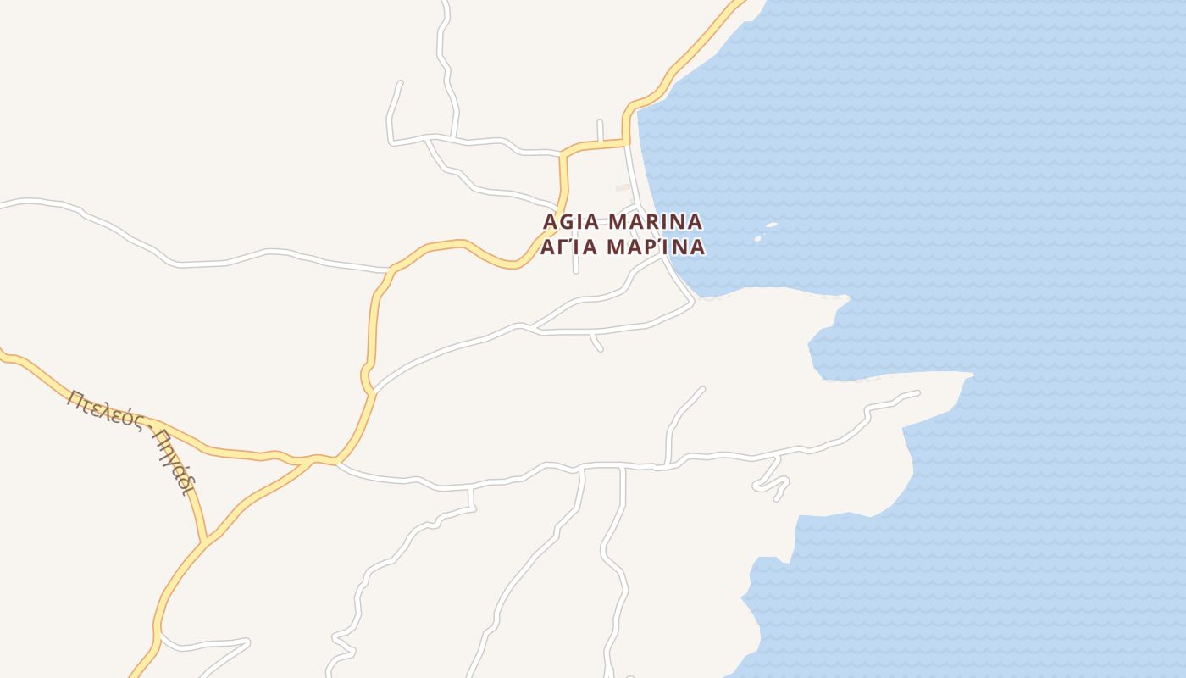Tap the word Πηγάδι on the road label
tap(174, 462)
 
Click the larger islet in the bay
tap(771, 225)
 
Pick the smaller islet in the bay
tap(758, 238)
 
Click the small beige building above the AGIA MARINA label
tap(623, 187)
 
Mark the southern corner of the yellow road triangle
tap(204, 541)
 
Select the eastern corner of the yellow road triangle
tap(336, 462)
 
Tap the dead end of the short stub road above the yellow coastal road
tap(599, 122)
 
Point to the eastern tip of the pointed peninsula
tap(971, 374)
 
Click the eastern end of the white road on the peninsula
tap(917, 392)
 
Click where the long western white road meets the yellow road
tap(391, 271)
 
